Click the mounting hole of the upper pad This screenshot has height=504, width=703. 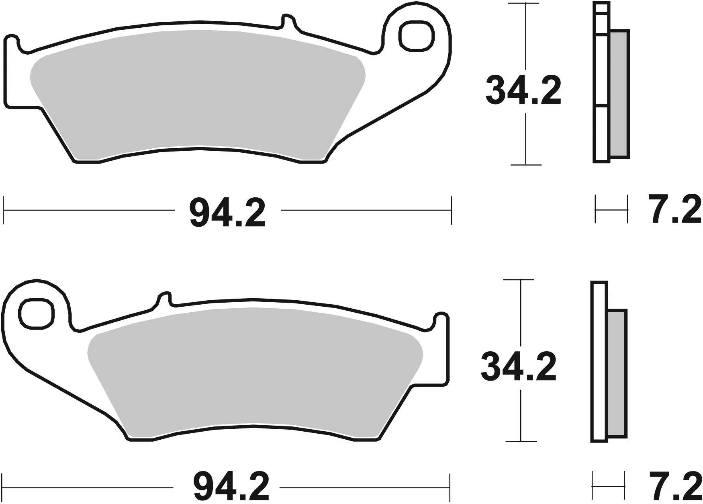click(417, 37)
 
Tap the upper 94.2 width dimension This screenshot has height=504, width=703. click(227, 213)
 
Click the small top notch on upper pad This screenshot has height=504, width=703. click(287, 20)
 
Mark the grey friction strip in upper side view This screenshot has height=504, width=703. click(619, 94)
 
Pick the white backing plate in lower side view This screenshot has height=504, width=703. click(599, 362)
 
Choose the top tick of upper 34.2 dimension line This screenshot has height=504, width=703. click(523, 3)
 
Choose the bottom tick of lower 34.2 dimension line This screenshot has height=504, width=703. click(521, 441)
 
